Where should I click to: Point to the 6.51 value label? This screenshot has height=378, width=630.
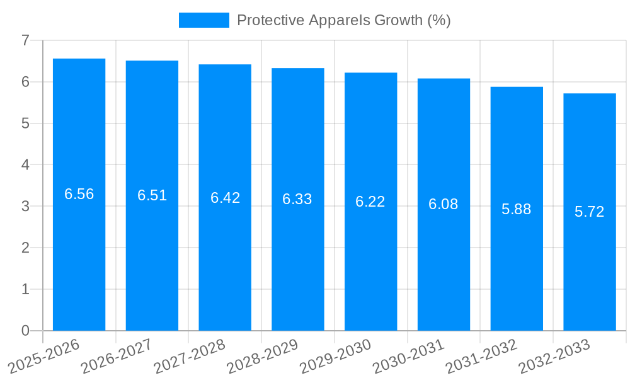(152, 195)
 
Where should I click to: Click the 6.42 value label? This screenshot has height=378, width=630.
(225, 198)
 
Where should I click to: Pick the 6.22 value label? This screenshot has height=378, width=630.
(370, 202)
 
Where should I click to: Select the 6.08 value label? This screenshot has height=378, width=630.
(444, 204)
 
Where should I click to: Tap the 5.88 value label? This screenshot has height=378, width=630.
(517, 209)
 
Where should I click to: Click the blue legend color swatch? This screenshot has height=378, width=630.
(203, 20)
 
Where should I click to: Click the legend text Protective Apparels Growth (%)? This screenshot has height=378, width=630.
(343, 20)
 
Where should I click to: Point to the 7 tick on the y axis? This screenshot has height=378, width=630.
(26, 40)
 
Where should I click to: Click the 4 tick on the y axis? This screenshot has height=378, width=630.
(26, 165)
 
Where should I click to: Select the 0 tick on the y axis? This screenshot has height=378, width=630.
(26, 331)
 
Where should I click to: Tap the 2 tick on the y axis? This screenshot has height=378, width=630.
(26, 248)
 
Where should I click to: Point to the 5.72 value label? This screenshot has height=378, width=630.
(590, 212)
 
